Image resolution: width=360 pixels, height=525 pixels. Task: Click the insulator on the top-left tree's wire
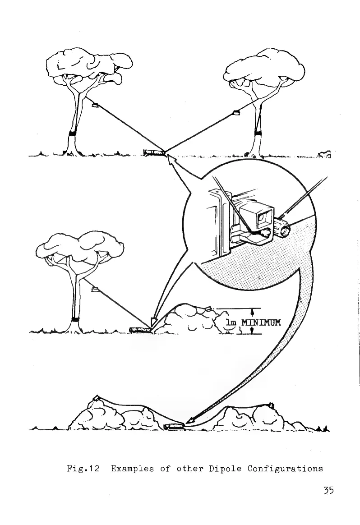coord(95,106)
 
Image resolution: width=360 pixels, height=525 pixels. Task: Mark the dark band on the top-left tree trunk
coord(72,134)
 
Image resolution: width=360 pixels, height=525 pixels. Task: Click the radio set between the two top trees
coord(152,152)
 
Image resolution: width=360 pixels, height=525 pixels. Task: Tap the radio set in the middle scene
coord(139,330)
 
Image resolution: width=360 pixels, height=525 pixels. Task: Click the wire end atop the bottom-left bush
coord(96,398)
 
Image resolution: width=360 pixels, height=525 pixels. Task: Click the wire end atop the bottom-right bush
coord(272,405)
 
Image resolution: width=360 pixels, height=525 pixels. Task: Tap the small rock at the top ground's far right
coord(325,155)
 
